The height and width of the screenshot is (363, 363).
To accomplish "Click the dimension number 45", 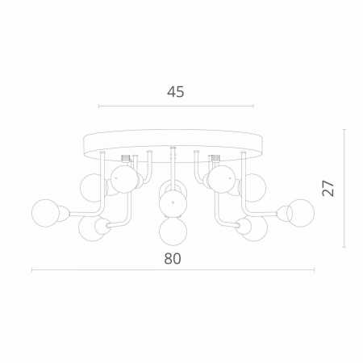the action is (x=176, y=92).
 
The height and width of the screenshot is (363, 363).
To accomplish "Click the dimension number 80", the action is (x=173, y=259).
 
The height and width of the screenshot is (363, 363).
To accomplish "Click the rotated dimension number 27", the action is (x=328, y=188).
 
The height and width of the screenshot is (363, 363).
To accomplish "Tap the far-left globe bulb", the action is (x=45, y=213).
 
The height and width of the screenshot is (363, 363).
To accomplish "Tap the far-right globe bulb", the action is (x=301, y=213).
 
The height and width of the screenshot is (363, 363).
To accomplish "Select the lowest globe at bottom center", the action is (x=173, y=232).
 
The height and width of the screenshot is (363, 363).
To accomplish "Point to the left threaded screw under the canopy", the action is (x=126, y=158).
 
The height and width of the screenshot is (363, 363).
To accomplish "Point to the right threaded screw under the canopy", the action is (x=215, y=158).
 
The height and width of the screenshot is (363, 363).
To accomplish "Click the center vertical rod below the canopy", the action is (x=173, y=167).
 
